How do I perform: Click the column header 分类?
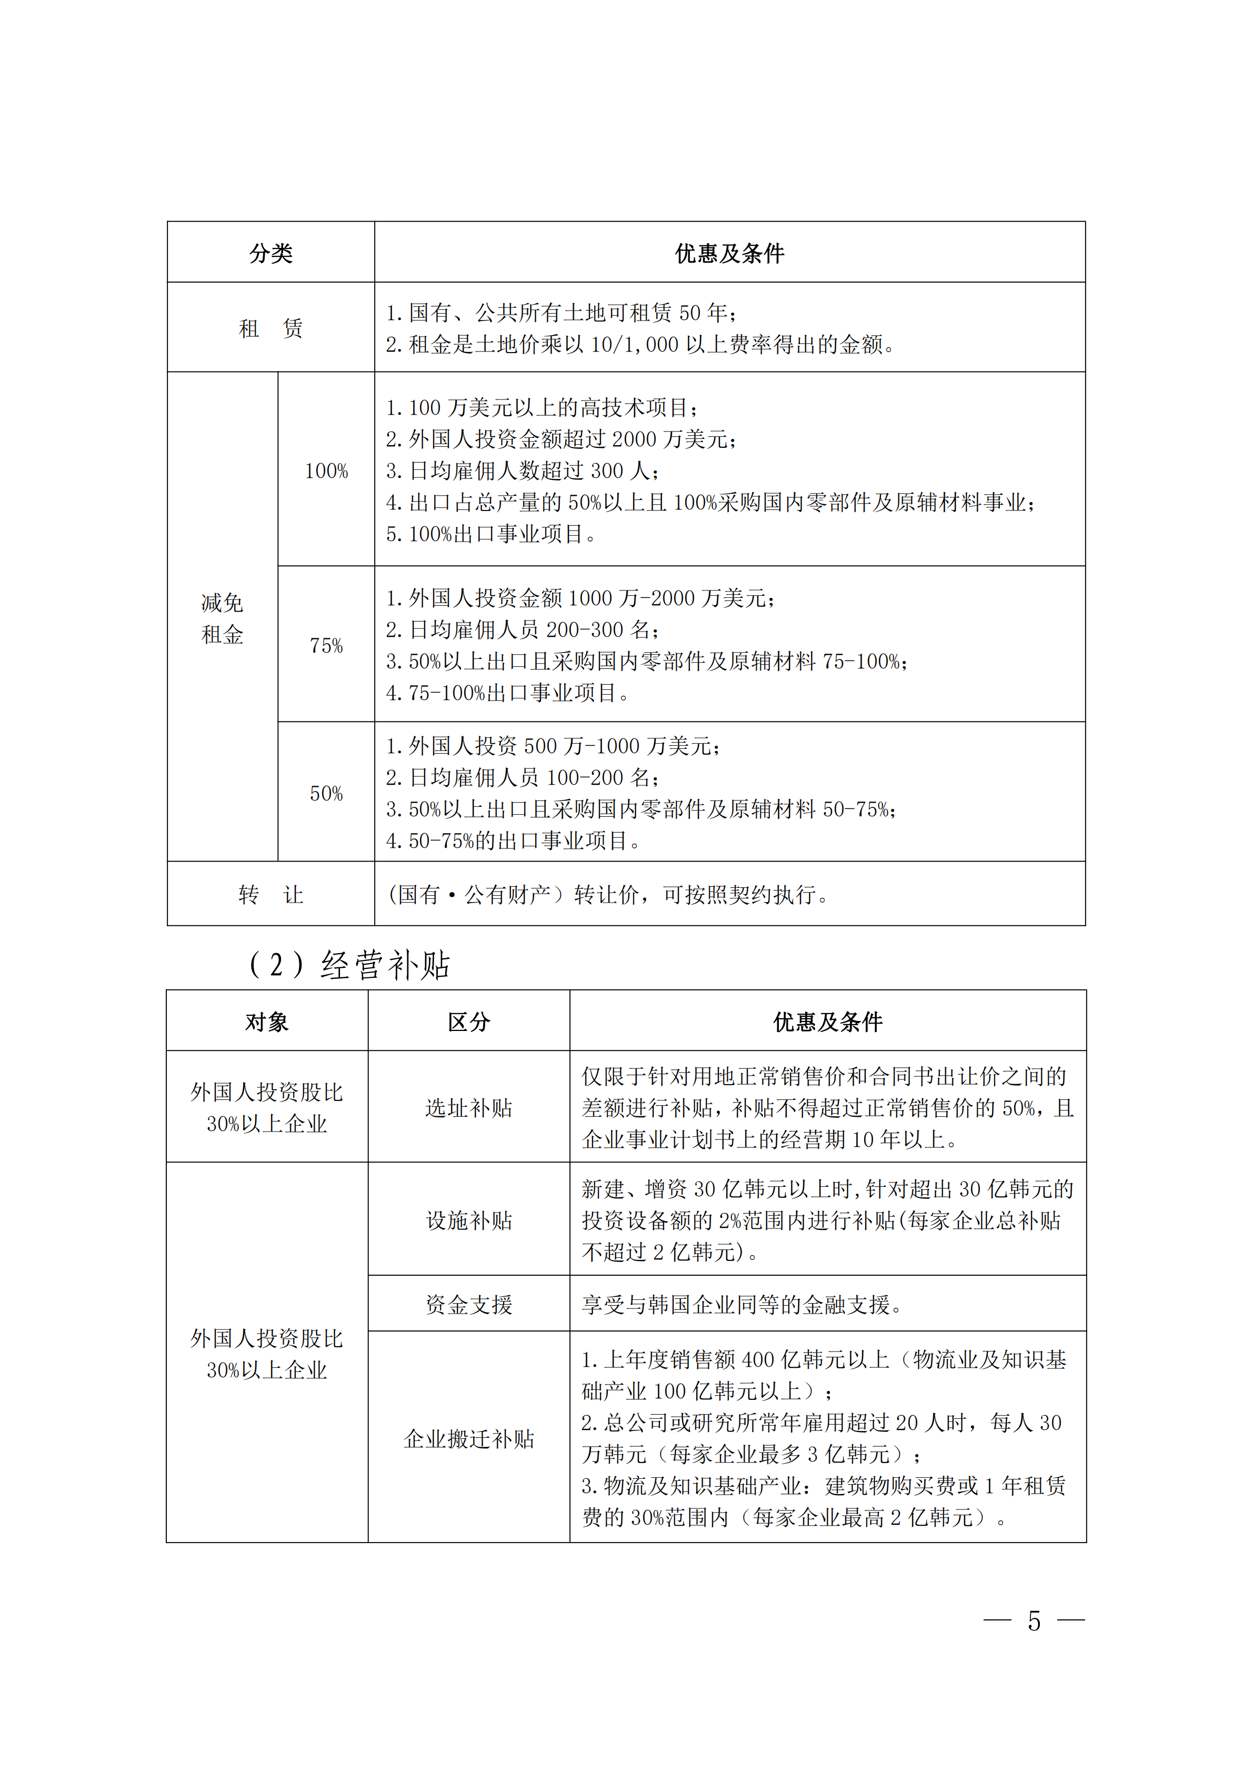[x=271, y=253]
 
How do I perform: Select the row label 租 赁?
[x=271, y=328]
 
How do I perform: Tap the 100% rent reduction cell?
[x=326, y=471]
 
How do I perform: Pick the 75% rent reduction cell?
[x=326, y=645]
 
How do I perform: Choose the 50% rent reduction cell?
[x=326, y=794]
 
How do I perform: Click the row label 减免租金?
[x=222, y=618]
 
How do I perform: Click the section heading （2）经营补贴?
[x=349, y=965]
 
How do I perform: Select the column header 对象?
[x=267, y=1022]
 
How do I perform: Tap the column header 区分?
[x=469, y=1022]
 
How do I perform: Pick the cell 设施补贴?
[x=469, y=1220]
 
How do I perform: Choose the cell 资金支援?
[x=469, y=1304]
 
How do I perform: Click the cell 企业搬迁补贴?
[x=469, y=1438]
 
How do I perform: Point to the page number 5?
[x=1034, y=1621]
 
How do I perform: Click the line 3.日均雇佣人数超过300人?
[x=523, y=471]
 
